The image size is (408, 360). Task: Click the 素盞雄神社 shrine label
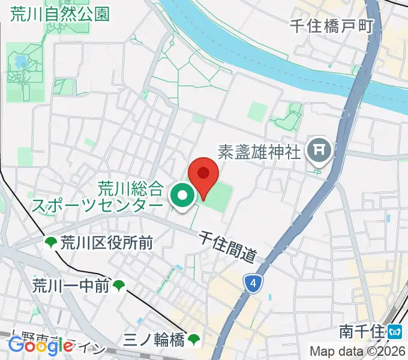click(259, 152)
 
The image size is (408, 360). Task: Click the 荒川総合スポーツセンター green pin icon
click(182, 195)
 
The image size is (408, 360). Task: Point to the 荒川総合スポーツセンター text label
click(97, 197)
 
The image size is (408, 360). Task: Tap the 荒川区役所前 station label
click(107, 242)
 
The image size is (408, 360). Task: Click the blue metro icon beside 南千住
click(394, 331)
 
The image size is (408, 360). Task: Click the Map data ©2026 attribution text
click(356, 351)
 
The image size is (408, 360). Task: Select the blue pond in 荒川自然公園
click(20, 61)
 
